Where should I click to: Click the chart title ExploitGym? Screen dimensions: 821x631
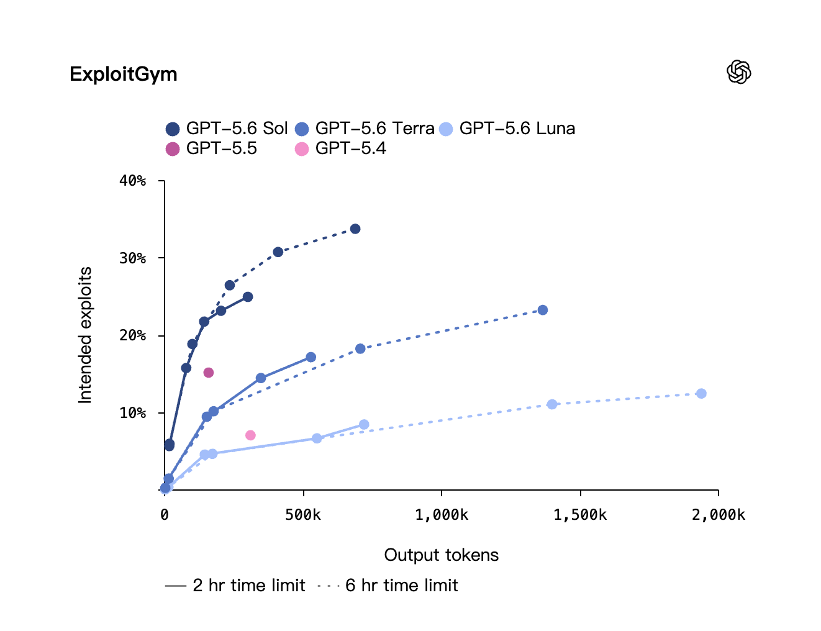tap(123, 74)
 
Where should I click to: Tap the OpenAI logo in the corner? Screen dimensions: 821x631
tap(738, 72)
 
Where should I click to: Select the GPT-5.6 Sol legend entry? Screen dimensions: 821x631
tap(227, 129)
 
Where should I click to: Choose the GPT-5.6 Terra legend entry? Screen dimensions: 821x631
tap(365, 129)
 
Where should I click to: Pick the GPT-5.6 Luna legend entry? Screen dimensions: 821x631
tap(507, 129)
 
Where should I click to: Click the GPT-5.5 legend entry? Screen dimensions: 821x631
tap(212, 148)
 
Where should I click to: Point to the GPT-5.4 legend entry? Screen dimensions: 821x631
tap(340, 148)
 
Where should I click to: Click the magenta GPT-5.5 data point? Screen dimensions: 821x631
tap(209, 373)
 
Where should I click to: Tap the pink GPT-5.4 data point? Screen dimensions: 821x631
tap(250, 435)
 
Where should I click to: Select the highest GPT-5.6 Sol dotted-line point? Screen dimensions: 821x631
tap(355, 229)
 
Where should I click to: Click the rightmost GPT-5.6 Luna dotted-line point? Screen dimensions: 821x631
tap(701, 393)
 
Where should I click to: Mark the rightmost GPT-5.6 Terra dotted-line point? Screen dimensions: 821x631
tap(543, 310)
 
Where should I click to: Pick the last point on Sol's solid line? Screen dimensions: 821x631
tap(248, 297)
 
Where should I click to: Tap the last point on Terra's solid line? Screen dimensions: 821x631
tap(311, 357)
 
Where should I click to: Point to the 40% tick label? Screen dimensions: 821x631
tap(133, 181)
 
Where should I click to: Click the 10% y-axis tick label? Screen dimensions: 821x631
tap(133, 412)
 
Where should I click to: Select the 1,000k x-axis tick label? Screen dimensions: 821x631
tap(442, 515)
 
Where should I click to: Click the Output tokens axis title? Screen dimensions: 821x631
tap(442, 555)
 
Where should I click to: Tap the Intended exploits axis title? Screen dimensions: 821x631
tap(85, 335)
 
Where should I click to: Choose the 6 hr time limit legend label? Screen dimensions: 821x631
tap(401, 585)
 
